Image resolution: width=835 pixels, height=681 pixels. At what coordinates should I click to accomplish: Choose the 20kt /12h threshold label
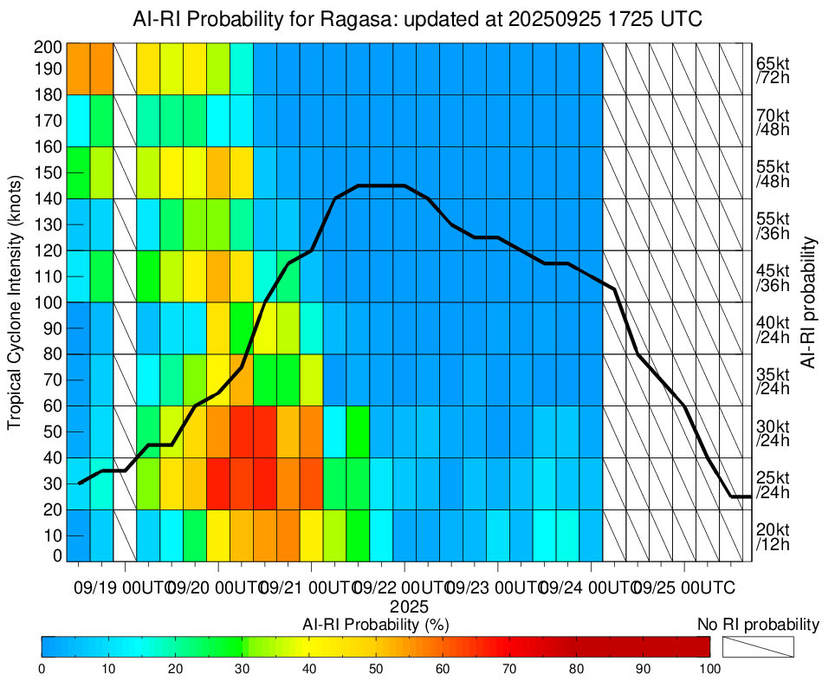[773, 536]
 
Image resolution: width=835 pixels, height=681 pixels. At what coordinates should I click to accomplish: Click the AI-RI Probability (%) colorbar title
[375, 624]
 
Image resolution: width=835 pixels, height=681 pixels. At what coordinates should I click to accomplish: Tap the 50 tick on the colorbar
[376, 668]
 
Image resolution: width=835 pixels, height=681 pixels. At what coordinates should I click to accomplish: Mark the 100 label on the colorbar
[709, 668]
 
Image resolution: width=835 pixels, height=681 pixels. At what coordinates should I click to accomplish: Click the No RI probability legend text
[758, 624]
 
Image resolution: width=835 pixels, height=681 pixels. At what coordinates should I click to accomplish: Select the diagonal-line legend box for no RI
[758, 646]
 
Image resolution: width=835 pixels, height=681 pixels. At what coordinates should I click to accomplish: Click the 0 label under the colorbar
[42, 668]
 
